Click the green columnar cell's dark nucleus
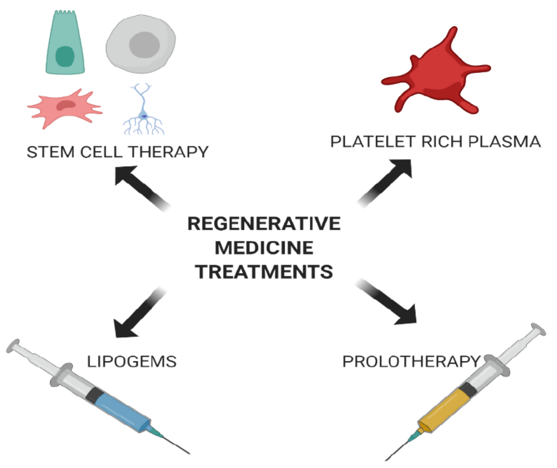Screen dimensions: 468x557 tap(65, 56)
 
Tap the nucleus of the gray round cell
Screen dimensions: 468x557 tap(144, 45)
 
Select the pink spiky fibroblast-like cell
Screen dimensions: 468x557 tap(65, 107)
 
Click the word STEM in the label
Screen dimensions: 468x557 tap(50, 152)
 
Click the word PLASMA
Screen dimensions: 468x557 tap(504, 141)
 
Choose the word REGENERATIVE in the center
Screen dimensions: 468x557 tap(264, 224)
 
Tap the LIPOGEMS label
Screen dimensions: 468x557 tap(132, 361)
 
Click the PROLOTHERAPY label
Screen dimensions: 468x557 tap(411, 361)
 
